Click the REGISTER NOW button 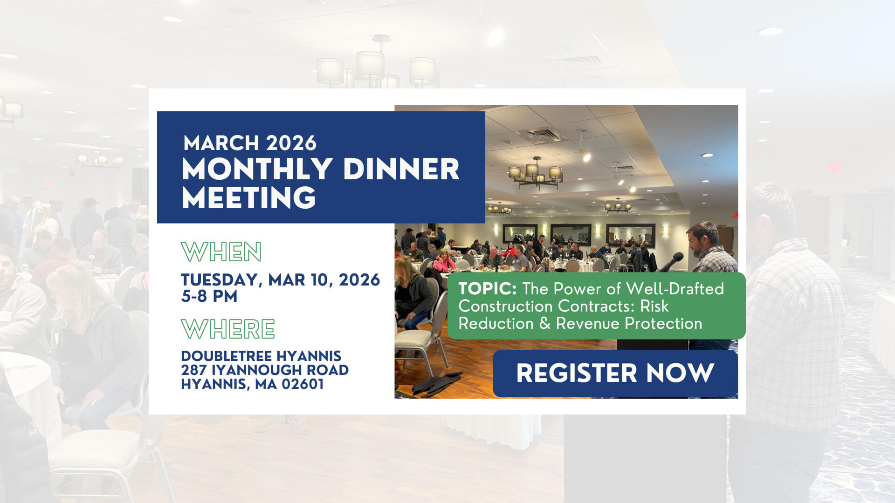[x=615, y=374]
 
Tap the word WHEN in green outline [x=221, y=252]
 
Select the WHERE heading [x=228, y=329]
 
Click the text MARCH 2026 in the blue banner [x=250, y=143]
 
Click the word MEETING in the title [x=249, y=197]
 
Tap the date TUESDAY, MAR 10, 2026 [x=281, y=280]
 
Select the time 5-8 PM [x=209, y=296]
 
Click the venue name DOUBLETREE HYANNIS [x=261, y=356]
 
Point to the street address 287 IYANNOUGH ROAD [x=265, y=370]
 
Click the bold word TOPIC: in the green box [x=488, y=289]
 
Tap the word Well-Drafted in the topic [x=675, y=289]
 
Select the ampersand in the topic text [x=545, y=324]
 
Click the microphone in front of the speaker [x=673, y=262]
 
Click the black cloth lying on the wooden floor [x=436, y=384]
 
